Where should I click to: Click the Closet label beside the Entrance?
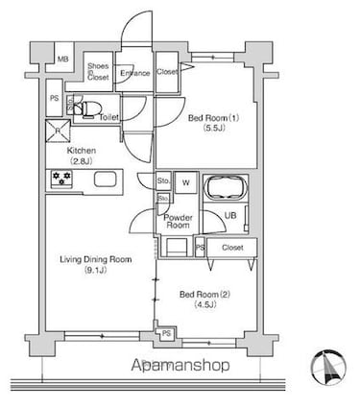coord(166,72)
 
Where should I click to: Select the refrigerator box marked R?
coord(60,132)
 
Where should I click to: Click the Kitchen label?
coord(81,151)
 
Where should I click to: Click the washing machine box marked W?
coord(186,182)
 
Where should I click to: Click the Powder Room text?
coord(180,222)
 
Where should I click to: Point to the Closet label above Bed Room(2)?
coord(232,247)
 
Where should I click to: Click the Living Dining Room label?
coord(95,259)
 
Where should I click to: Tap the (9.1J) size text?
coord(95,271)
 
